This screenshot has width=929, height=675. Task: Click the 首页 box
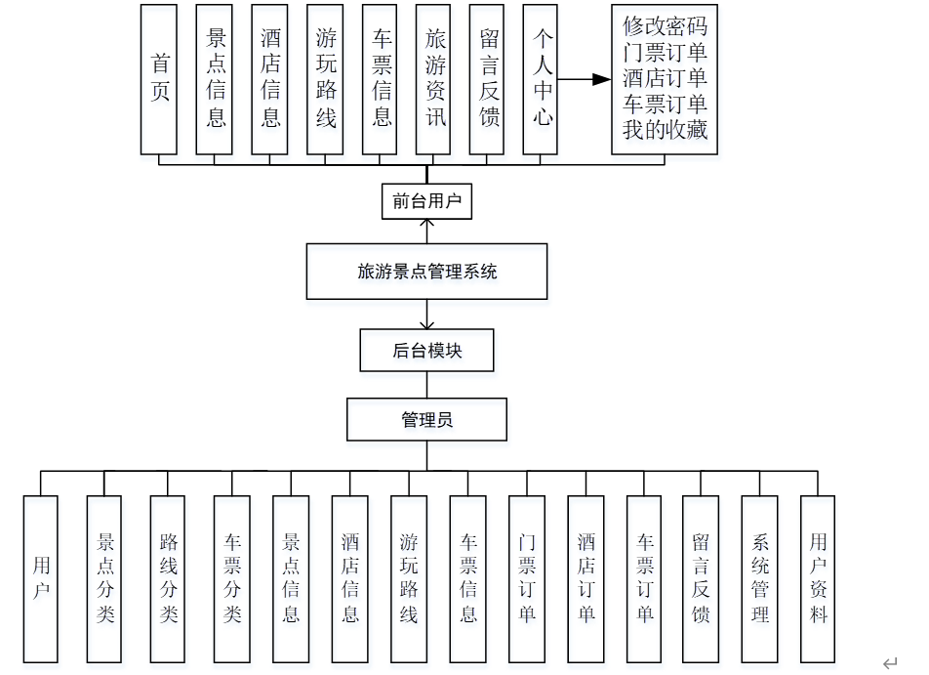[159, 79]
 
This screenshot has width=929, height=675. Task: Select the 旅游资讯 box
[433, 79]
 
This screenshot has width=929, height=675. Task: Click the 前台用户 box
[426, 202]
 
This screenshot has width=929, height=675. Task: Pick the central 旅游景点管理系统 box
[426, 272]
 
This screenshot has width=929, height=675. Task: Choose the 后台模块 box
[426, 351]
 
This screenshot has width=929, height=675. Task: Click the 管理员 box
[426, 421]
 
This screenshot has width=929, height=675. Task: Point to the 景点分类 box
[104, 578]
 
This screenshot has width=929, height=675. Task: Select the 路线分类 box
[169, 578]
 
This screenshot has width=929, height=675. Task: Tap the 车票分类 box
[232, 578]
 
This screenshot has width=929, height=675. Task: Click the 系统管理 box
[759, 578]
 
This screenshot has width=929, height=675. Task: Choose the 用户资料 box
[818, 578]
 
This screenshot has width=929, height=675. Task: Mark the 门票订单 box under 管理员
[527, 578]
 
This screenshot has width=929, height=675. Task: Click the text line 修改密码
[665, 26]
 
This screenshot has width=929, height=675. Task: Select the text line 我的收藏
[665, 130]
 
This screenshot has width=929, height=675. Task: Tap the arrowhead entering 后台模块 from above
[426, 325]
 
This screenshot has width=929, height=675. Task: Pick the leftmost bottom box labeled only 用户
[41, 578]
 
